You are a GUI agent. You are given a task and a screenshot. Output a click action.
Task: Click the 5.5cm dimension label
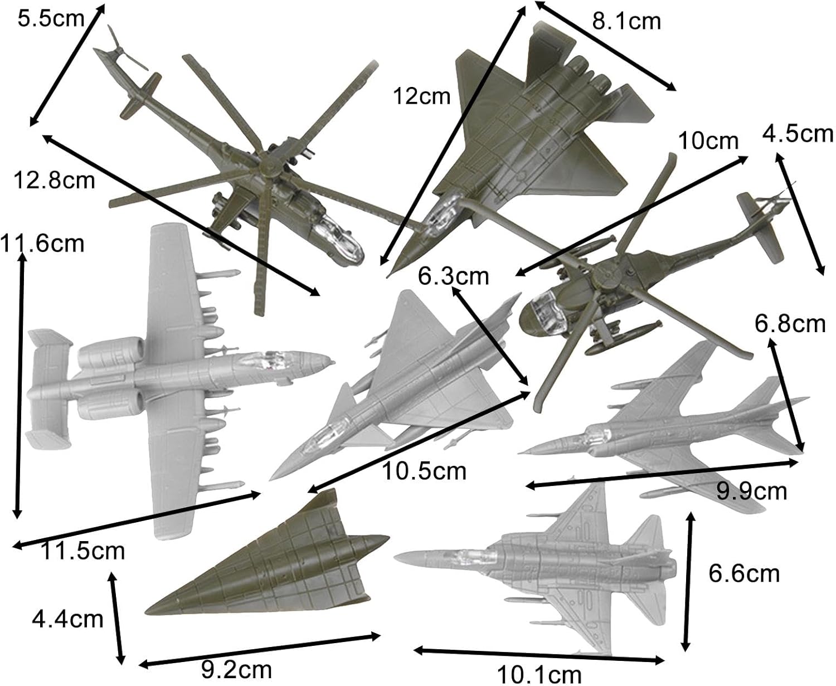tap(51, 18)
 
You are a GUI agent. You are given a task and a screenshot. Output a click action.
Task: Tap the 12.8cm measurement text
tap(54, 181)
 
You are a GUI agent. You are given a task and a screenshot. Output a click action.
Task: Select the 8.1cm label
tap(626, 21)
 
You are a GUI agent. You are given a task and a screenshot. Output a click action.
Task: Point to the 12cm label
tap(422, 96)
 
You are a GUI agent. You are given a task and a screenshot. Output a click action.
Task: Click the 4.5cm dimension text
tap(798, 134)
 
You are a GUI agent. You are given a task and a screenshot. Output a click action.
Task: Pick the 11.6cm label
tap(42, 244)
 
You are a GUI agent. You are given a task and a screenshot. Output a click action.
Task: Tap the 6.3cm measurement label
tap(454, 276)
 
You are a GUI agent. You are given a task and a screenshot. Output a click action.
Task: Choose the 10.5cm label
tap(424, 471)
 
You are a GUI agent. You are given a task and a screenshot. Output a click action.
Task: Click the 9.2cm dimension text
tap(237, 669)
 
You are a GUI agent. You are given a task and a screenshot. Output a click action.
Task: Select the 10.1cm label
tap(539, 674)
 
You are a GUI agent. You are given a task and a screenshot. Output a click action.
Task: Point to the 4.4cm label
tap(67, 619)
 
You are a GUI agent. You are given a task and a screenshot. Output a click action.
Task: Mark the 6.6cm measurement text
tap(744, 573)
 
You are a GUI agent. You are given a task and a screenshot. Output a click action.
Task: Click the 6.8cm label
tap(790, 324)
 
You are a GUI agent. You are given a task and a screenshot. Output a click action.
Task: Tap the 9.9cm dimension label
tap(752, 492)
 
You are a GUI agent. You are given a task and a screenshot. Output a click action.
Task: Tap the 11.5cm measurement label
tap(82, 551)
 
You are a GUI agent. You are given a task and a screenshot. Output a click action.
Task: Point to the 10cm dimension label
tap(708, 140)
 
